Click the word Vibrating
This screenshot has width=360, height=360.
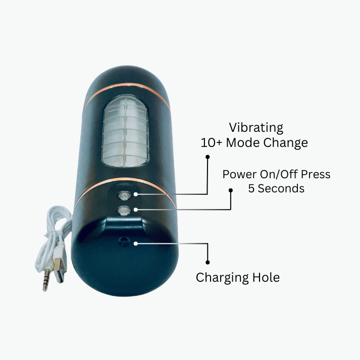(x=256, y=128)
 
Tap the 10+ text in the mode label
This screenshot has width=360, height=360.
(x=212, y=142)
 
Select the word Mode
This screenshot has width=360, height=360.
(x=243, y=142)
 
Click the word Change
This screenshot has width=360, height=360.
(x=286, y=143)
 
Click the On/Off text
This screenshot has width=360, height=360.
(x=279, y=174)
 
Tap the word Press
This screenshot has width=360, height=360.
(x=316, y=174)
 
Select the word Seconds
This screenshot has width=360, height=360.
(x=281, y=188)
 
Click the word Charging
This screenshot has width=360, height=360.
(x=222, y=278)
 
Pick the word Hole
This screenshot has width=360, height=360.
(x=266, y=277)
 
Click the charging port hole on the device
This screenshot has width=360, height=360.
(x=124, y=241)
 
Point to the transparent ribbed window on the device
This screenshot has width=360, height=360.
(x=125, y=131)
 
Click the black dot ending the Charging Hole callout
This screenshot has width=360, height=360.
(x=208, y=262)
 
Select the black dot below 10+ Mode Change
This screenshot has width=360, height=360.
(x=208, y=157)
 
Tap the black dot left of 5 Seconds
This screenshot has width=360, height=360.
(x=231, y=190)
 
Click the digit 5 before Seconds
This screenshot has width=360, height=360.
(x=251, y=188)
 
